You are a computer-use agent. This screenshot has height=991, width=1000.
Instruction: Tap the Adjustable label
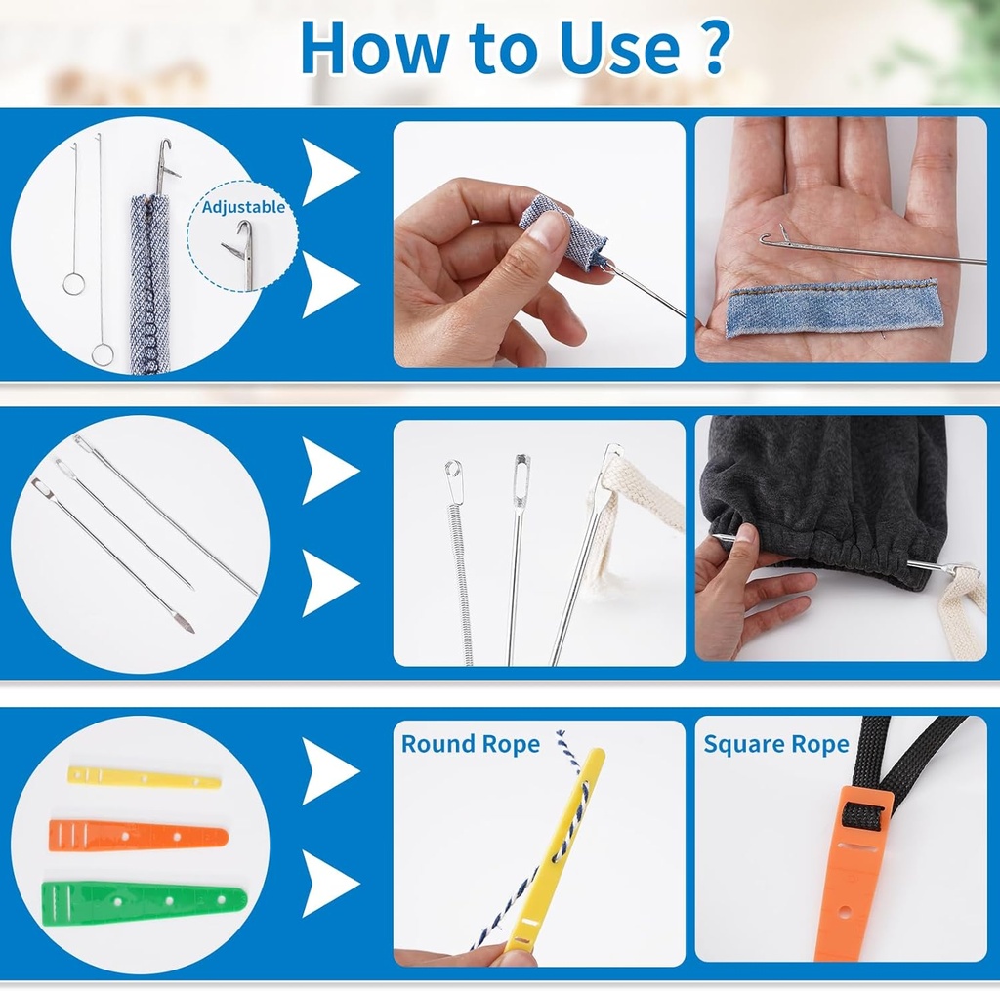(x=243, y=207)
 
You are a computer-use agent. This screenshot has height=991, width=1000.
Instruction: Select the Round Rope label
(x=471, y=744)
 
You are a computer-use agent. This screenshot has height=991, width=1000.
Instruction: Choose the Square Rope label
(x=776, y=744)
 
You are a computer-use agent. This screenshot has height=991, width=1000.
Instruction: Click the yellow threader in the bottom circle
(x=145, y=777)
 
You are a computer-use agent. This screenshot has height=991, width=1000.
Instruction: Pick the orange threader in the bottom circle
(x=139, y=836)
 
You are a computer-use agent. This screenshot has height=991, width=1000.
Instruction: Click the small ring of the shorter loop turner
(x=74, y=283)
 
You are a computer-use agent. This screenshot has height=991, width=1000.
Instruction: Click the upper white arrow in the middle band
(x=330, y=471)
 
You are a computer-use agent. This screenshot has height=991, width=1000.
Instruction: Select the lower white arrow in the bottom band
(x=330, y=884)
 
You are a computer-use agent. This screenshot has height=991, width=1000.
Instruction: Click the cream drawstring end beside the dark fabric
(x=964, y=599)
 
